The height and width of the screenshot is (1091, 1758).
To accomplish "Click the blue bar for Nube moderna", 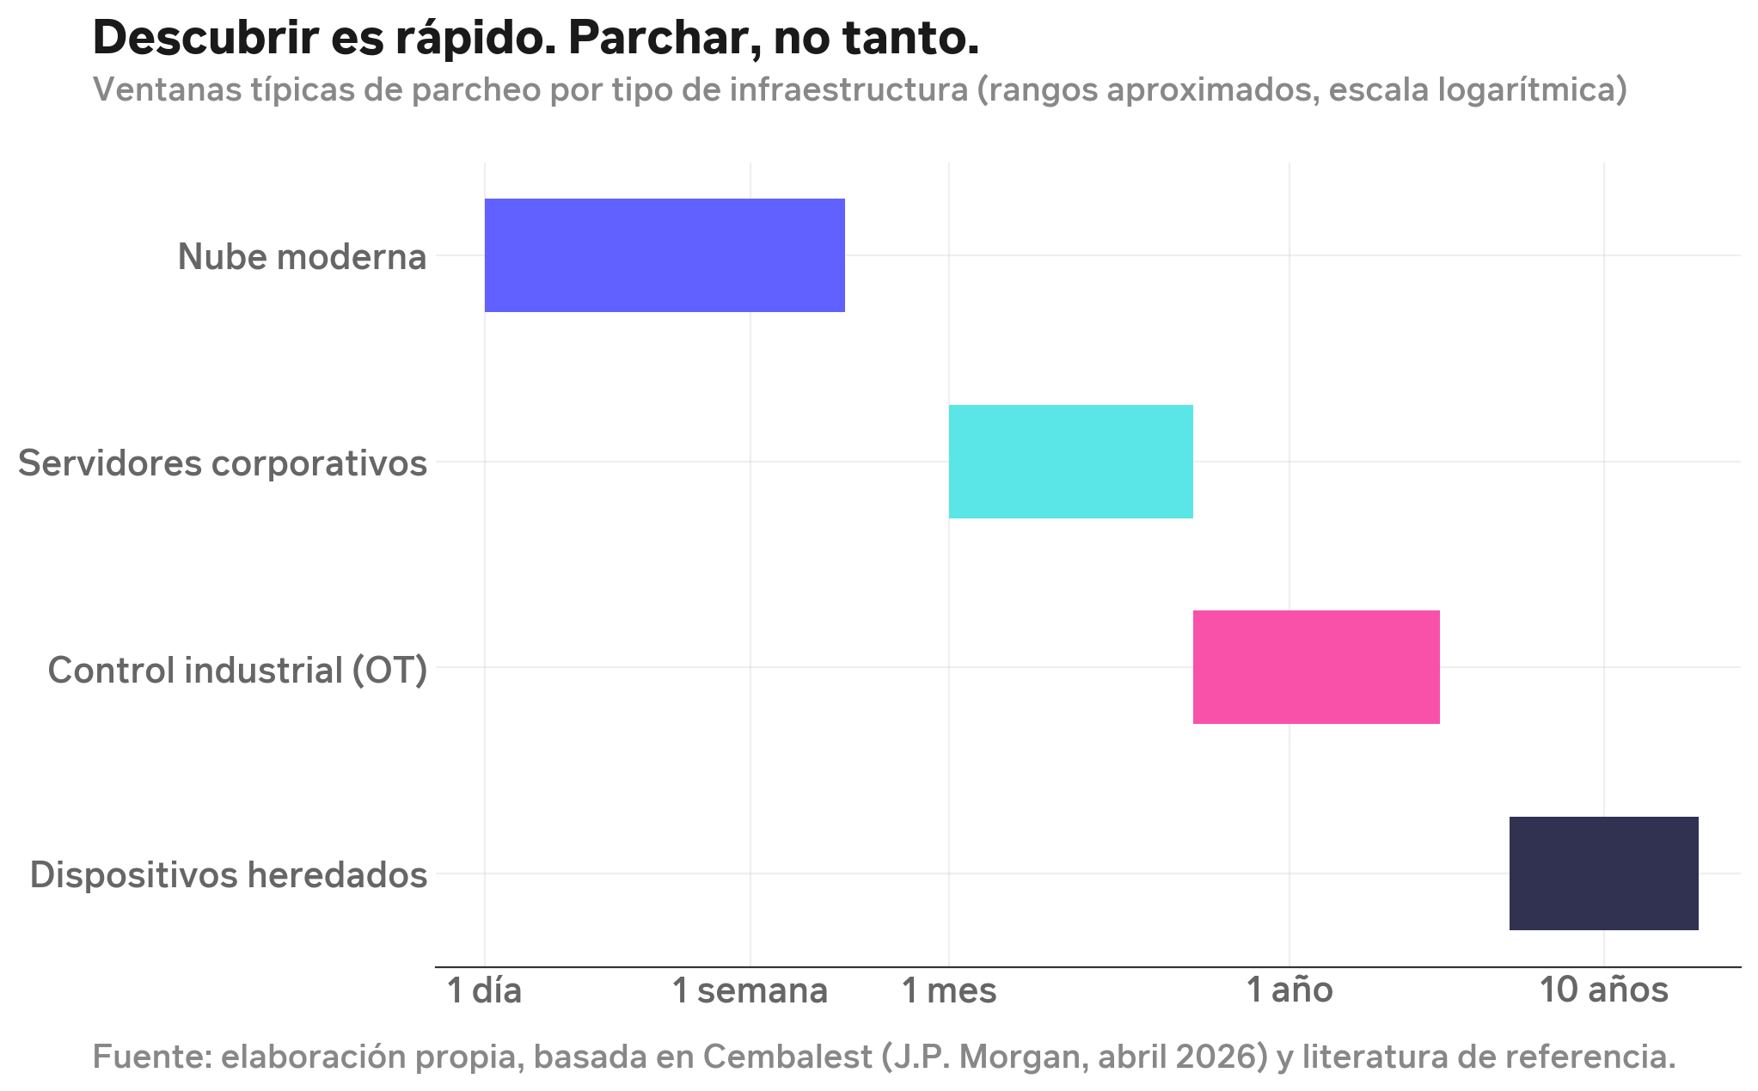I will (x=665, y=255).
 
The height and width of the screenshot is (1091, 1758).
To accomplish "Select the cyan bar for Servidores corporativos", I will (x=1070, y=462).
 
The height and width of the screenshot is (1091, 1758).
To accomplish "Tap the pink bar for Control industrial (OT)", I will (x=1315, y=667).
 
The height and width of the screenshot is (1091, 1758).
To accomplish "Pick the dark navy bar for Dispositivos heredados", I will (x=1603, y=873).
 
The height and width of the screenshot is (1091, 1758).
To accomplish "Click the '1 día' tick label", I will (x=485, y=991).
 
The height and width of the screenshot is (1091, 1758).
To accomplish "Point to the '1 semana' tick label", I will (x=750, y=991).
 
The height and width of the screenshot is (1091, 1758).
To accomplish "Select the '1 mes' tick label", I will (x=948, y=991).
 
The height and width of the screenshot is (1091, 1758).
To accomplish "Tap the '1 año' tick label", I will (x=1289, y=991).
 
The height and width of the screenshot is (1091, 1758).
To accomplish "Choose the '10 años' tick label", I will (x=1603, y=991).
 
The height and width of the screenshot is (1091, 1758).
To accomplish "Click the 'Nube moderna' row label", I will (x=302, y=257).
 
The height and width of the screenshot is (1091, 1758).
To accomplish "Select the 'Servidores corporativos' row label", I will (x=223, y=463).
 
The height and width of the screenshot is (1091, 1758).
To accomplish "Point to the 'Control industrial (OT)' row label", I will (x=237, y=670).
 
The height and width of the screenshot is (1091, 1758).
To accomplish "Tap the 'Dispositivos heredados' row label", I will (x=229, y=875).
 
